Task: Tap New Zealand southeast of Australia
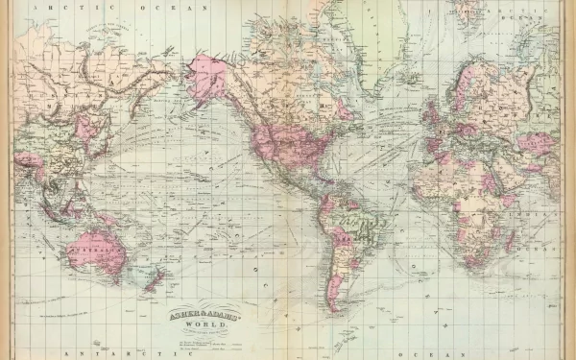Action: point(154,277)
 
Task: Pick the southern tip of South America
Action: point(333,305)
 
